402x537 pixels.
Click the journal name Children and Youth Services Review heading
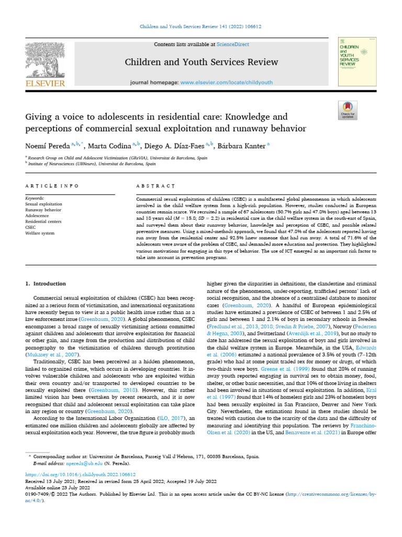pyautogui.click(x=201, y=62)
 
